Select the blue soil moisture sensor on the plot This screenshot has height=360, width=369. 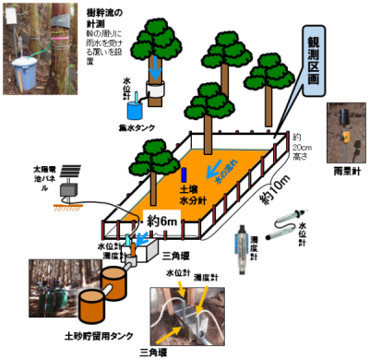point(184,173)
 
